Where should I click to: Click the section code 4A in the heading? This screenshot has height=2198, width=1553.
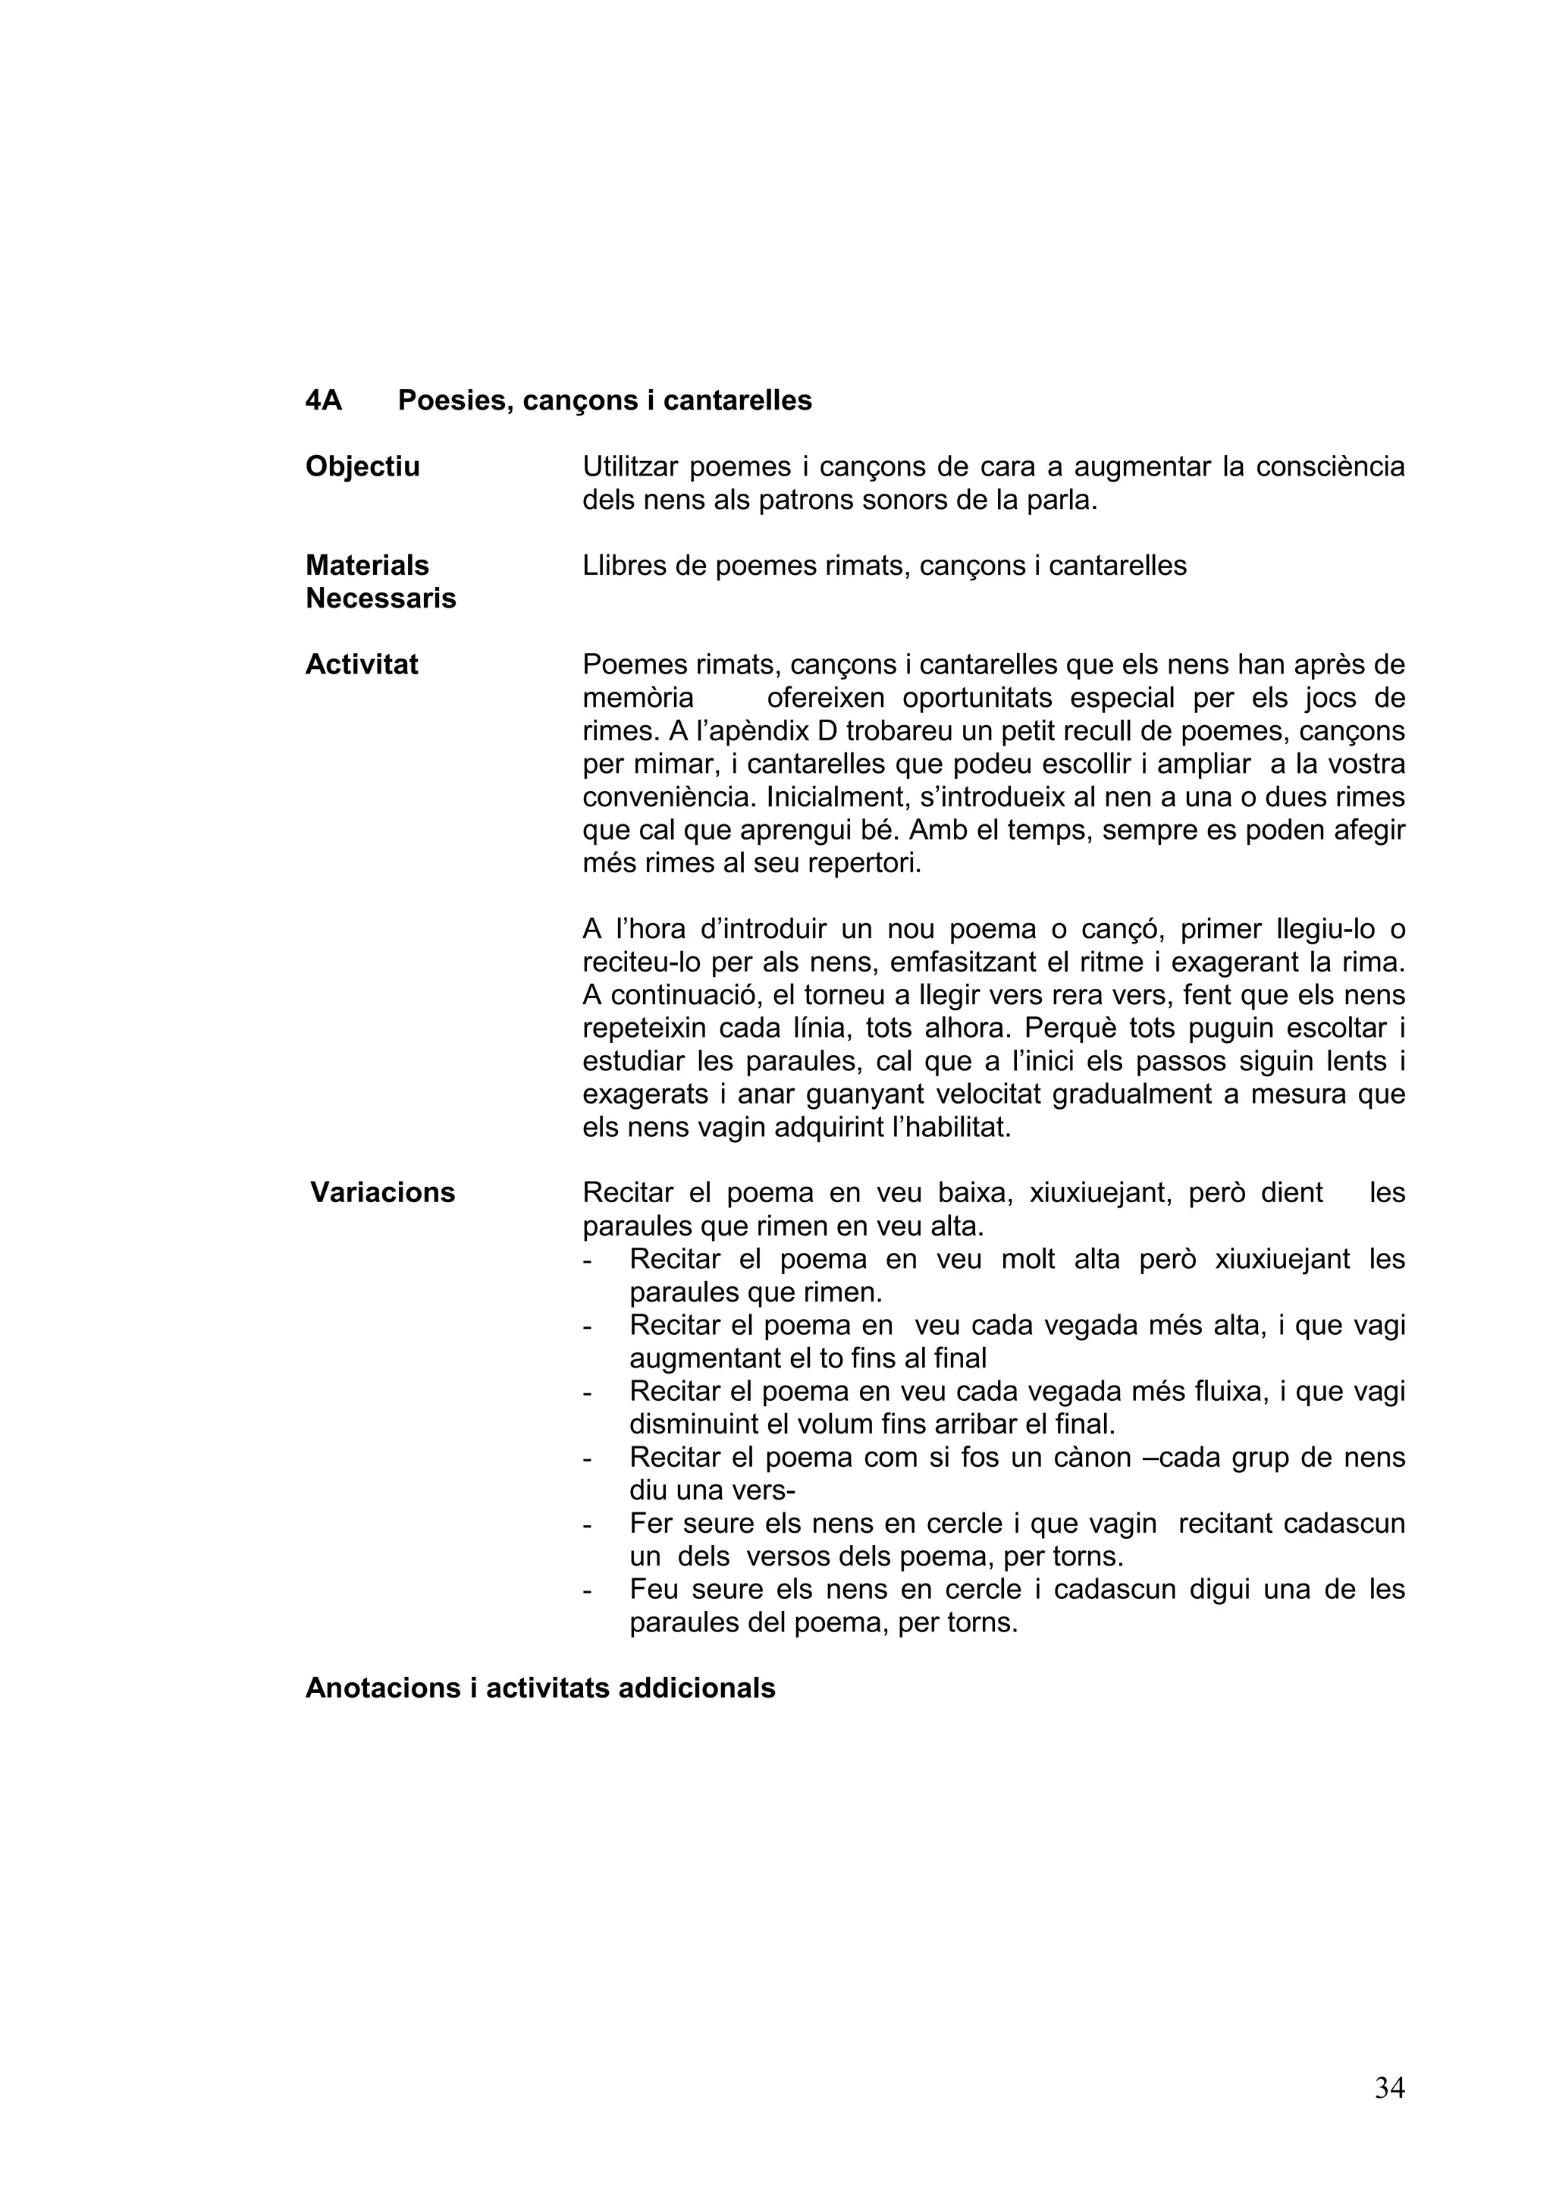point(324,400)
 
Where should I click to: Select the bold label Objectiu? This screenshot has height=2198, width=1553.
point(362,466)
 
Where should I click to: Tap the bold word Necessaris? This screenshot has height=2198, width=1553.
point(380,598)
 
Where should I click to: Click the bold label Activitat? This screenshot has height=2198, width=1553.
point(361,664)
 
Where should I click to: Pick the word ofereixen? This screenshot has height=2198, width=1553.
point(826,698)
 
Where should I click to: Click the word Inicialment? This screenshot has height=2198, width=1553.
point(836,796)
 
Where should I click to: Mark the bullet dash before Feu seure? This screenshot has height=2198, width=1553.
point(588,1590)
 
